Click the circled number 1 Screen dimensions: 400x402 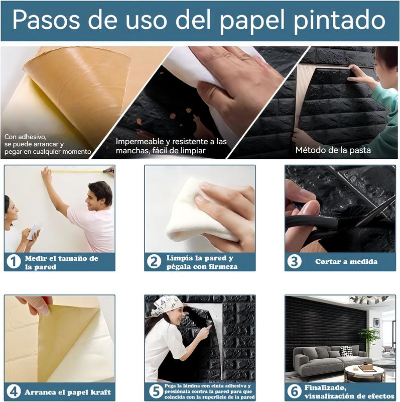14,262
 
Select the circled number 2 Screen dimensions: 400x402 154,261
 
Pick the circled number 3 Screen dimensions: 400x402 294,261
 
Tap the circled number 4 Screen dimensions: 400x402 14,392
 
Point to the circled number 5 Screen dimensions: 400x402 156,391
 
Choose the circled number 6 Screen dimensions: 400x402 294,391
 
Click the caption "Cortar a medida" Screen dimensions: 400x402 346,261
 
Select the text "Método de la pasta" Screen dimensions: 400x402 333,150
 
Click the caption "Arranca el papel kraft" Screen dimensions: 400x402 68,392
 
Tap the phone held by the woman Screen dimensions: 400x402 34,232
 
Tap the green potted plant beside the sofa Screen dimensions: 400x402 369,338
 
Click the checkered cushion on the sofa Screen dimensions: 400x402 346,351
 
